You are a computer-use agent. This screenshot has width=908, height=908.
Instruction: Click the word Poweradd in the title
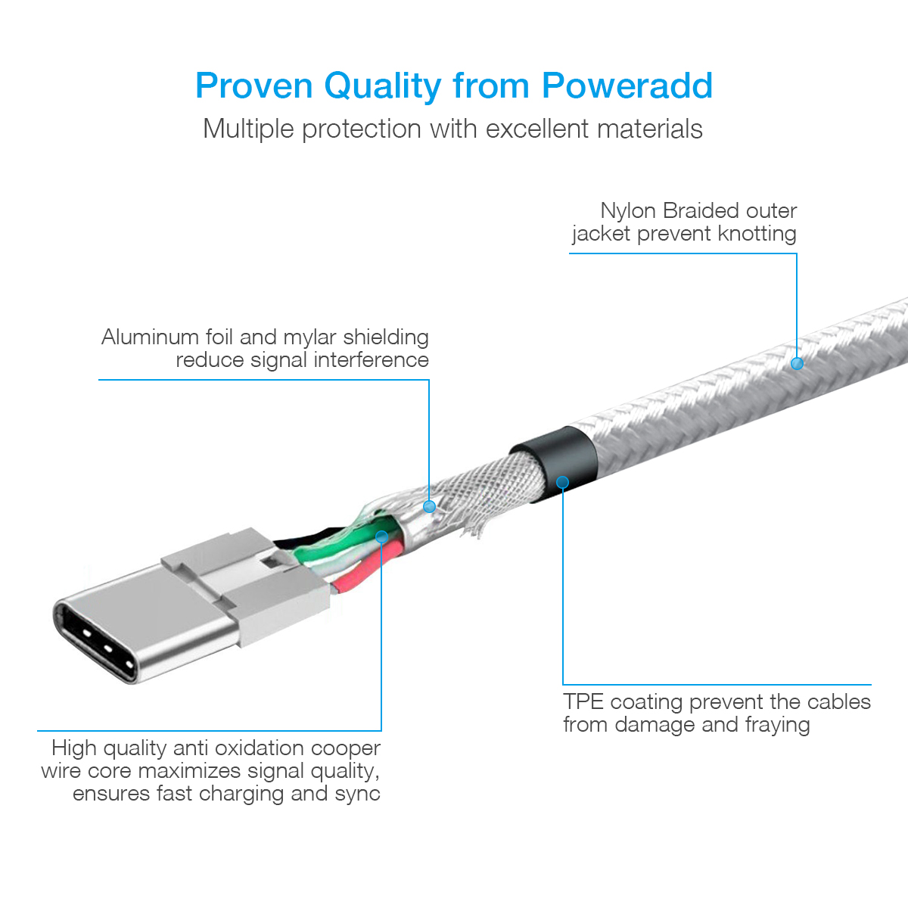627,86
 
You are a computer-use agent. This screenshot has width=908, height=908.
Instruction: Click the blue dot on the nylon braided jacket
797,363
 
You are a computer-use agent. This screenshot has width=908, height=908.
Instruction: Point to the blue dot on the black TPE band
563,482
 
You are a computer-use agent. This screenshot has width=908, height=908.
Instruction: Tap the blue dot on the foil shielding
429,506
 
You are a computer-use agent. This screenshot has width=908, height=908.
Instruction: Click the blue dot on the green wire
381,536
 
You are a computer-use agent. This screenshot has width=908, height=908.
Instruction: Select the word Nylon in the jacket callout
628,210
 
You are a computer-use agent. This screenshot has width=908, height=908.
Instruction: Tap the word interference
372,360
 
